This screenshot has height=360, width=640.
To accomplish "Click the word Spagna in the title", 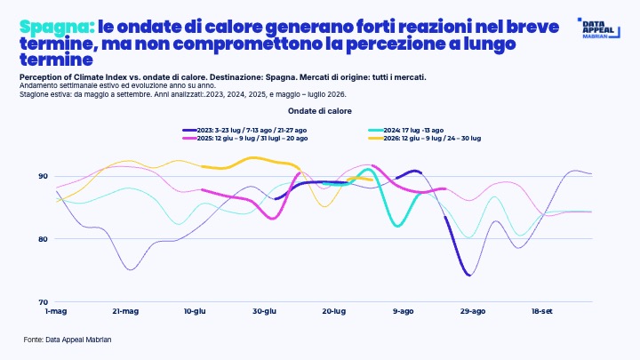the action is pos(57,27).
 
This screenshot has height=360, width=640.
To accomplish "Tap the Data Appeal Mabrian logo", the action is pos(599,28).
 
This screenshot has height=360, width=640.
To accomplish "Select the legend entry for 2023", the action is pos(244,130).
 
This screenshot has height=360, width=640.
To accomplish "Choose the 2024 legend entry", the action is pos(405,130).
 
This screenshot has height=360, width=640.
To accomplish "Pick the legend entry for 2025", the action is pos(245,139).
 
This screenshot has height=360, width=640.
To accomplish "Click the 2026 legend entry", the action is pos(425,139).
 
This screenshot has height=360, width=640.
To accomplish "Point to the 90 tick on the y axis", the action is pos(44,176).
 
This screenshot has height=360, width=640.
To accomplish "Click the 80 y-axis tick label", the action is pos(44,239).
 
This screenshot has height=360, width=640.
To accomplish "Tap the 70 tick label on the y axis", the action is pos(44,302).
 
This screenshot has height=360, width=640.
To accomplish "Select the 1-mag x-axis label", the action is pos(56,311).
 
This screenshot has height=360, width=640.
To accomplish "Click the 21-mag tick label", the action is pos(125,311).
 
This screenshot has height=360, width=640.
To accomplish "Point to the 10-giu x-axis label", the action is pos(195,311).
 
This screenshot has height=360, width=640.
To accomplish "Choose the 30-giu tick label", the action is pos(265,311).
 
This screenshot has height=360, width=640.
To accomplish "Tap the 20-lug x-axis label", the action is pos(334,311).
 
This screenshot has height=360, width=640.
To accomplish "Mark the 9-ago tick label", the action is pos(404,311).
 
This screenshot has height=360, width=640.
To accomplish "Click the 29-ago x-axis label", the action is pos(473,311).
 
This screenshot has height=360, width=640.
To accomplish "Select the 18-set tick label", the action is pos(542,311).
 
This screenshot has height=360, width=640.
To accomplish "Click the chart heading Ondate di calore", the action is pos(320,111).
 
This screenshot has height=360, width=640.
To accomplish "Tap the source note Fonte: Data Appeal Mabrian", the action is pos(68,340).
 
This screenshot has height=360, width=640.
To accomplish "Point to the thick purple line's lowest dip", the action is pos(469,275).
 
